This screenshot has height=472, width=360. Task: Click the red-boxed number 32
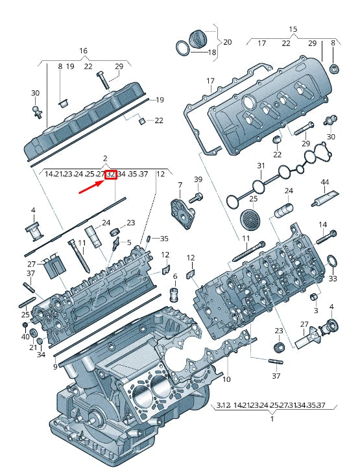point(110,174)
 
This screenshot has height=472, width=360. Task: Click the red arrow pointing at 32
point(91,187)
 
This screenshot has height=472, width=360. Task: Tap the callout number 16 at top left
point(83,51)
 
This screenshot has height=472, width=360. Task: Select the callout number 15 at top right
point(293,29)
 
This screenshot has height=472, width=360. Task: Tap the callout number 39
point(198,179)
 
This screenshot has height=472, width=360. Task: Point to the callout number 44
point(325,182)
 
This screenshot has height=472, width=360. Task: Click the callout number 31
point(261,166)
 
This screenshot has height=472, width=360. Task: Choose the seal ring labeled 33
point(331,261)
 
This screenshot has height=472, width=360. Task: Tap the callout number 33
point(333,279)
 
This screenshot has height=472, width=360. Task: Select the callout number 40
point(25,336)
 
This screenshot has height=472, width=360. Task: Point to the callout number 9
point(55,367)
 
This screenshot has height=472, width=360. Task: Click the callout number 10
point(227,379)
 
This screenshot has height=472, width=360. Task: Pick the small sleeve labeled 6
point(174,296)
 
